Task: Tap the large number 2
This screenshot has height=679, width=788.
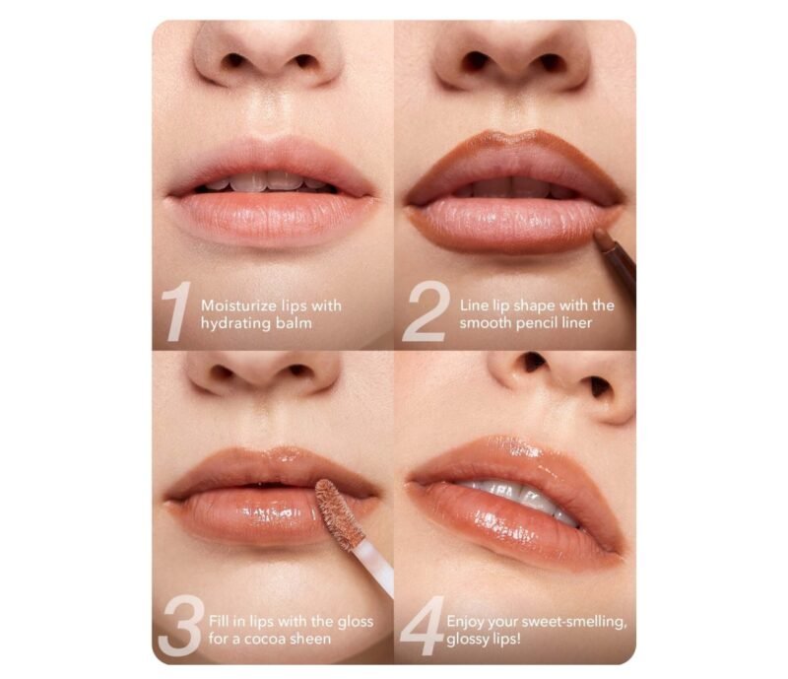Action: click(425, 312)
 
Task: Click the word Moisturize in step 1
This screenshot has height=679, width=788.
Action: click(234, 306)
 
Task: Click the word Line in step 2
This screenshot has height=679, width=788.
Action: click(474, 306)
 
